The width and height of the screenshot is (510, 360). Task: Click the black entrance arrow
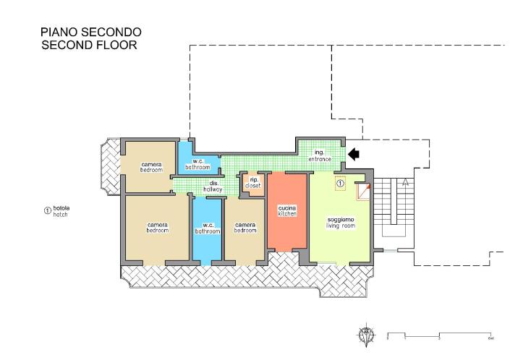pyautogui.click(x=354, y=153)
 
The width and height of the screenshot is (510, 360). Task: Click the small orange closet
pyautogui.click(x=253, y=182)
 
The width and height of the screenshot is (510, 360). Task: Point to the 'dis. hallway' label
pyautogui.click(x=215, y=186)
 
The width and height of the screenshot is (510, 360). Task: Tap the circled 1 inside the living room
pyautogui.click(x=340, y=183)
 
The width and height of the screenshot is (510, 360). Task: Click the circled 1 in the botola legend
pyautogui.click(x=48, y=211)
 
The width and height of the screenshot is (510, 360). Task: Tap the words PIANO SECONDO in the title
pyautogui.click(x=90, y=32)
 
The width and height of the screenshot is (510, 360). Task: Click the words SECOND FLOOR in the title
pyautogui.click(x=89, y=45)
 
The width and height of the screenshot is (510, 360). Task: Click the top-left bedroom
pyautogui.click(x=150, y=165)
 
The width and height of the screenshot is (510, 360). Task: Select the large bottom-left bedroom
pyautogui.click(x=157, y=228)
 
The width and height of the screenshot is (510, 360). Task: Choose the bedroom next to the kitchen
pyautogui.click(x=245, y=228)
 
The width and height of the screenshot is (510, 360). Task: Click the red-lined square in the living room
pyautogui.click(x=362, y=191)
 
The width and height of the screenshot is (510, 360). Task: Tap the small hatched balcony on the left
pyautogui.click(x=108, y=167)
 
